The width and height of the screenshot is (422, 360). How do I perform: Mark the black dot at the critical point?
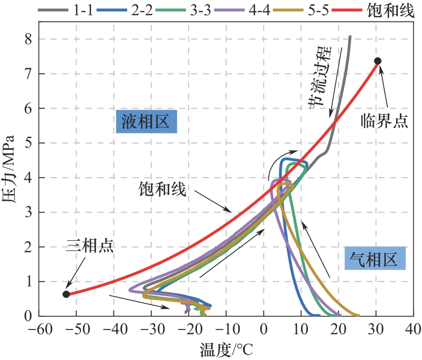tap(377, 61)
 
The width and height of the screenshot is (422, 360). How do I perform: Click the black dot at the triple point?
tap(66, 294)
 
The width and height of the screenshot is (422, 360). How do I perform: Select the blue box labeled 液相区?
tap(146, 122)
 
